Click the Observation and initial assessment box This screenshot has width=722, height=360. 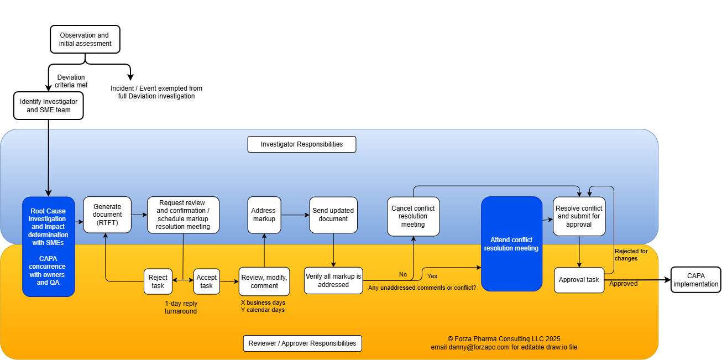pos(85,39)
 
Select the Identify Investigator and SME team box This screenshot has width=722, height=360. pos(49,106)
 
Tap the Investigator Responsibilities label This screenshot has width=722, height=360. pos(301,144)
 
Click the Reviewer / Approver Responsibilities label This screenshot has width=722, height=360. pos(302,343)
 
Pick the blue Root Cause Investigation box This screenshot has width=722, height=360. pos(48,247)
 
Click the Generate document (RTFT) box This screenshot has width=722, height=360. pos(107,215)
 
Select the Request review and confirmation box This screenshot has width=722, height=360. pos(183,215)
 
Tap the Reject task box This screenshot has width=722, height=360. pos(158,281)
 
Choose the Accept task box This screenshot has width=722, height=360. pos(206,281)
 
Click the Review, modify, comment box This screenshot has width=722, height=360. pos(264,281)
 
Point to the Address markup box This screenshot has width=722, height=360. pos(264,215)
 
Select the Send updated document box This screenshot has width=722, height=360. pos(333,215)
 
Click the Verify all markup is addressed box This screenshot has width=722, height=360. pos(333,280)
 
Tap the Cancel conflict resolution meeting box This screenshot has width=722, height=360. pos(413,216)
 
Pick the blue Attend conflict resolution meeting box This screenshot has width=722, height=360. pos(511,244)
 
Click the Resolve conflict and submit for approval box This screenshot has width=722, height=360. pos(579,216)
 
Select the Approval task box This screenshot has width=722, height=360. pos(579,280)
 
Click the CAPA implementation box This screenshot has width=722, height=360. pos(696,280)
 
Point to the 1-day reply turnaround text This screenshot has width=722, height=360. pos(181,307)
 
